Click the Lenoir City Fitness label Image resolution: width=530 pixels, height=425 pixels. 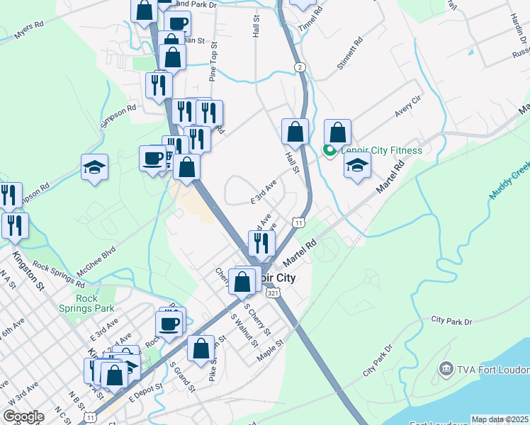(x=382, y=150)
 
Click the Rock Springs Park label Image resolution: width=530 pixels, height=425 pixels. (x=87, y=303)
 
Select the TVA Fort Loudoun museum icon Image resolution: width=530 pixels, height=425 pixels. (x=446, y=368)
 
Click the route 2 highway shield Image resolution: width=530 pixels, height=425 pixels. (x=301, y=67)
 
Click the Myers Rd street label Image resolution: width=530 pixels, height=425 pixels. (x=28, y=33)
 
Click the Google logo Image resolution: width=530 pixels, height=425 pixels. (x=23, y=416)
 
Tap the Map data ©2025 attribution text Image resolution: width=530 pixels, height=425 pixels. (x=500, y=419)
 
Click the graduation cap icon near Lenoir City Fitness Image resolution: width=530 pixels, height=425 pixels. (x=358, y=166)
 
